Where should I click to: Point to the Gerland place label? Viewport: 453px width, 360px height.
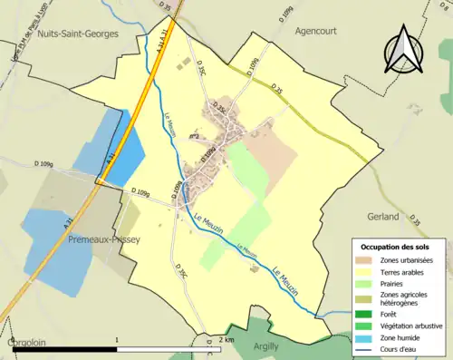(383, 218)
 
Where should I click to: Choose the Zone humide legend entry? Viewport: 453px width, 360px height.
(402, 335)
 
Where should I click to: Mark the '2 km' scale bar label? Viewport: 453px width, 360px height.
(226, 340)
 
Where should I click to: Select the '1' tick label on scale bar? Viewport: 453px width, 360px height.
(118, 340)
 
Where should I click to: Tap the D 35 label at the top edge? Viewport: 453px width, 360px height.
(166, 7)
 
